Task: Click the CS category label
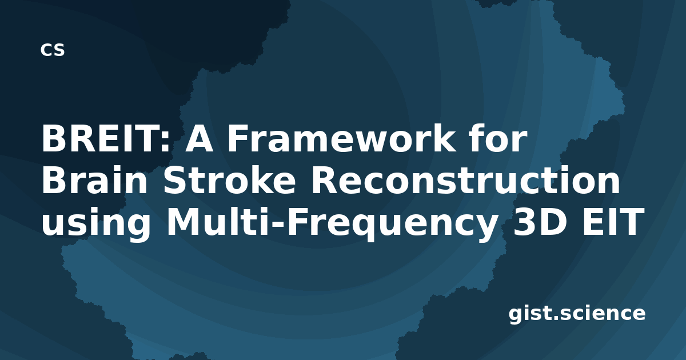53,50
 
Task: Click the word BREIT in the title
101,139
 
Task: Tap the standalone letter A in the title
199,139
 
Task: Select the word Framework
341,138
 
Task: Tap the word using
96,223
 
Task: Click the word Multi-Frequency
332,223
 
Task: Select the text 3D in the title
539,222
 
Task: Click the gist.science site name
577,314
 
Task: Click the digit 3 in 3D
524,222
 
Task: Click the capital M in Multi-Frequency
183,222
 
